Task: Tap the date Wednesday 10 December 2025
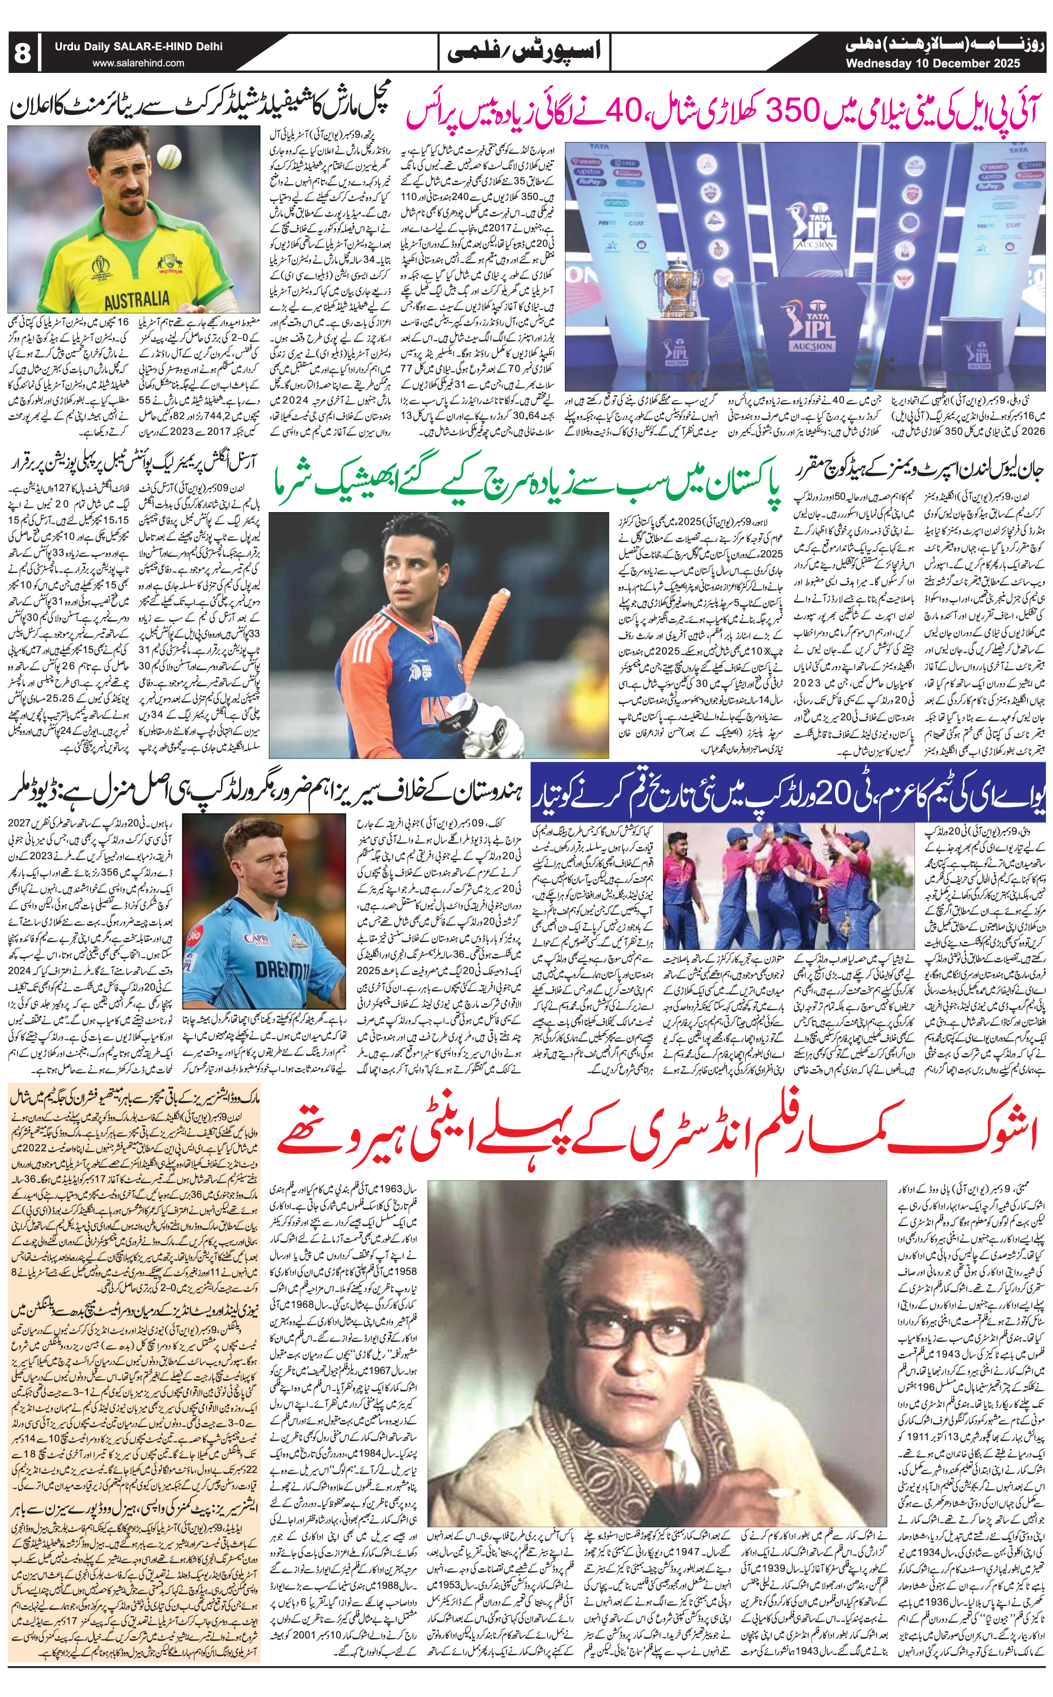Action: (933, 64)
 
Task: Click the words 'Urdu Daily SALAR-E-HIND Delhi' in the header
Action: (140, 47)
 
